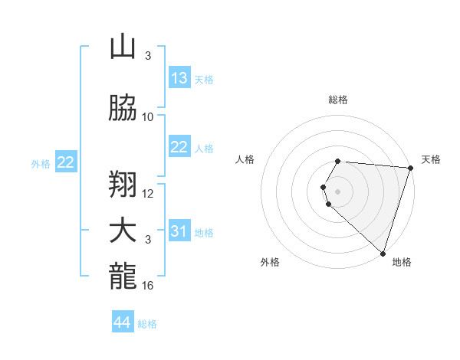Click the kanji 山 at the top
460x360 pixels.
(122, 47)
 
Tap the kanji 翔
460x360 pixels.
(122, 185)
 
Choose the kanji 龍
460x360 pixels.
(122, 277)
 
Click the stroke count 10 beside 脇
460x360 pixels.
(148, 117)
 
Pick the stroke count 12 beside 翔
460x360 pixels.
(148, 194)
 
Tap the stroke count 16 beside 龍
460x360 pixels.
(148, 286)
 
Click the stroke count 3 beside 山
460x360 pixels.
(148, 56)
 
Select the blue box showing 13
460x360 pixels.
(179, 78)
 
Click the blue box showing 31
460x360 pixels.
(179, 231)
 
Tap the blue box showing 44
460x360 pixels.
(123, 323)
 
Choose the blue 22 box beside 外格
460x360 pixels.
(66, 162)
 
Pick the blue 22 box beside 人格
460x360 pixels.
(179, 147)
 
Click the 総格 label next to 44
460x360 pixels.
(147, 324)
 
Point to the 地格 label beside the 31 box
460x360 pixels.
(204, 232)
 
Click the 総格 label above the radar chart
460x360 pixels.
(338, 100)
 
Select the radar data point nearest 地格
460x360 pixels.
(383, 253)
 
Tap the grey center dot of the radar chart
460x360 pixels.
(338, 191)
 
